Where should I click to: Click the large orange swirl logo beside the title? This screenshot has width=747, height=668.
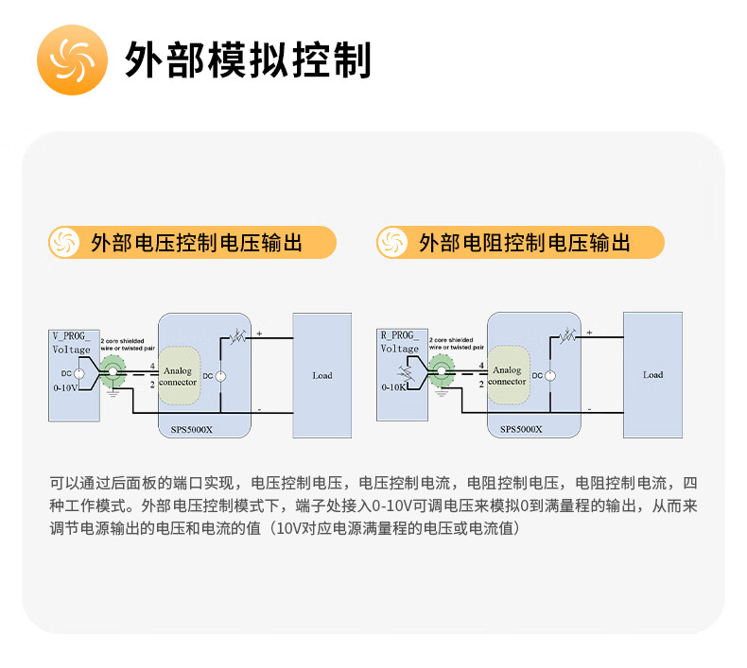(73, 60)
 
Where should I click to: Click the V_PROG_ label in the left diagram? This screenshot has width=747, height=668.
(72, 336)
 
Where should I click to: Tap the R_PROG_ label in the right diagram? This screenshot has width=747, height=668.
(399, 335)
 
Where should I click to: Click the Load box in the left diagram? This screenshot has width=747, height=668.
(321, 375)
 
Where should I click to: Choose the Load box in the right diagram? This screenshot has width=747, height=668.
(652, 375)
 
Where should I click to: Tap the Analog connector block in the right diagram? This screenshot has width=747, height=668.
(507, 376)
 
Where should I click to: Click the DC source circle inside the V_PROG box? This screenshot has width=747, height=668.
(78, 374)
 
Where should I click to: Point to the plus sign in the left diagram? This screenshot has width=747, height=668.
(259, 332)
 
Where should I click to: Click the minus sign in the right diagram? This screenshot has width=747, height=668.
(589, 409)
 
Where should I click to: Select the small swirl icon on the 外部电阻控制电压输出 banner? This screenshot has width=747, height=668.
(391, 242)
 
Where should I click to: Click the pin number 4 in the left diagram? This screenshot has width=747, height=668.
(152, 365)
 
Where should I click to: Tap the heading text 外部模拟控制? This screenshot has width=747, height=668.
(248, 60)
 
